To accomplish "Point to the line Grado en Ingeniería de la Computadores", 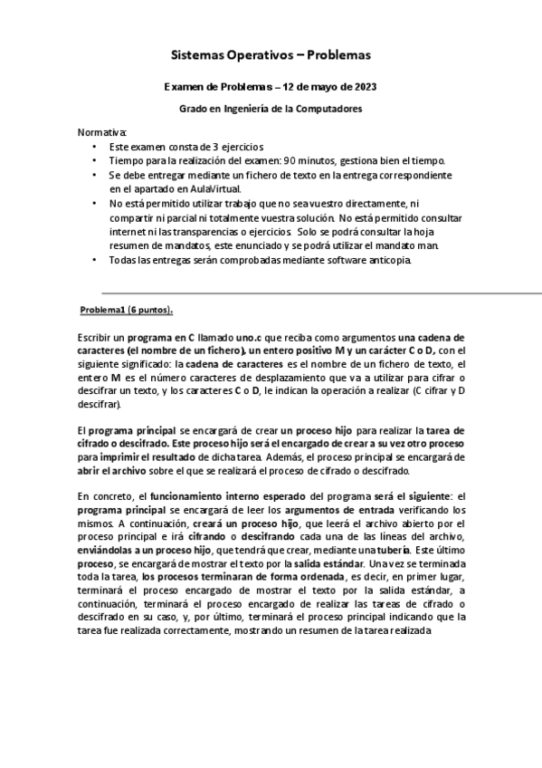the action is click(x=271, y=109).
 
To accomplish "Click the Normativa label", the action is click(x=103, y=131).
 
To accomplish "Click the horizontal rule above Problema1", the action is click(x=317, y=293).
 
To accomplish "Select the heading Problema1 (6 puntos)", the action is click(x=127, y=310).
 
